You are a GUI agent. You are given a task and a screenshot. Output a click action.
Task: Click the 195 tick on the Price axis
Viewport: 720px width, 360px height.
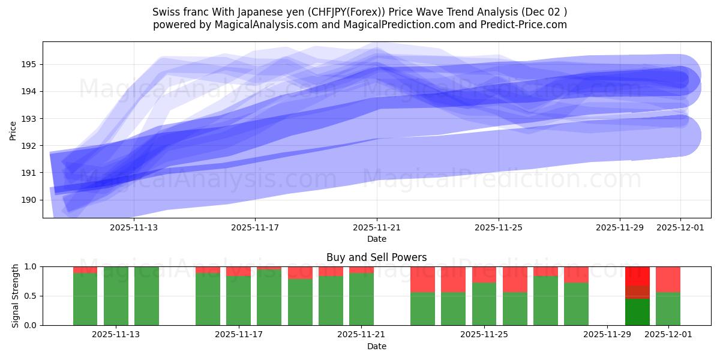point(30,64)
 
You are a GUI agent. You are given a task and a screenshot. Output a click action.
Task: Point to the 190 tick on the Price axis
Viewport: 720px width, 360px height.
point(30,200)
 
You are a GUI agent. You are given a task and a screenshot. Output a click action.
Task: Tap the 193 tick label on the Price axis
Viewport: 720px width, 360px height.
point(30,119)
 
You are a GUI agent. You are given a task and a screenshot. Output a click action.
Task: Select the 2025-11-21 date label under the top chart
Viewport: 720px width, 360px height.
point(377,228)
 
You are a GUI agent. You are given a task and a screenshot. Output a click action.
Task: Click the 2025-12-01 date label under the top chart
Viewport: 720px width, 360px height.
point(680,228)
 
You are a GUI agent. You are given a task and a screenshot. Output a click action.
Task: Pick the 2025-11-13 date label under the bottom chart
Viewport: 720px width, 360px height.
point(116,335)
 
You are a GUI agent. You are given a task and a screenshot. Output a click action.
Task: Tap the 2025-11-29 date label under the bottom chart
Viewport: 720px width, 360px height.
point(607,335)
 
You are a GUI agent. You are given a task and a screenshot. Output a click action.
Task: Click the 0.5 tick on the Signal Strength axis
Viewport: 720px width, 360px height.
point(31,296)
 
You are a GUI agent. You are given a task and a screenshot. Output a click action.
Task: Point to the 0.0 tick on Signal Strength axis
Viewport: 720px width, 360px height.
point(31,325)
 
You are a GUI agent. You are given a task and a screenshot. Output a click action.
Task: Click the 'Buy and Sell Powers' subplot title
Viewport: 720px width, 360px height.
point(376,257)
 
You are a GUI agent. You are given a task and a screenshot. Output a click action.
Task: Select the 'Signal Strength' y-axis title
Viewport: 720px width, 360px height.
point(16,296)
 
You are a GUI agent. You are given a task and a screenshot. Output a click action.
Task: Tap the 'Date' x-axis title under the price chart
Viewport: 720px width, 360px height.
point(376,239)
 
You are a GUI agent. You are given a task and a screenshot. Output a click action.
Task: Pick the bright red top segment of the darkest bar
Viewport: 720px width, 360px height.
point(637,276)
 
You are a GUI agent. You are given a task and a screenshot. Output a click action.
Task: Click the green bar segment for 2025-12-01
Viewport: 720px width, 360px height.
point(668,308)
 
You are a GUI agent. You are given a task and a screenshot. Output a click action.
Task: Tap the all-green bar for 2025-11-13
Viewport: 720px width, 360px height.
point(116,296)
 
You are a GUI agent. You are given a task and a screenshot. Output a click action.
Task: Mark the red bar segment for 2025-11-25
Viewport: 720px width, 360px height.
point(484,274)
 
